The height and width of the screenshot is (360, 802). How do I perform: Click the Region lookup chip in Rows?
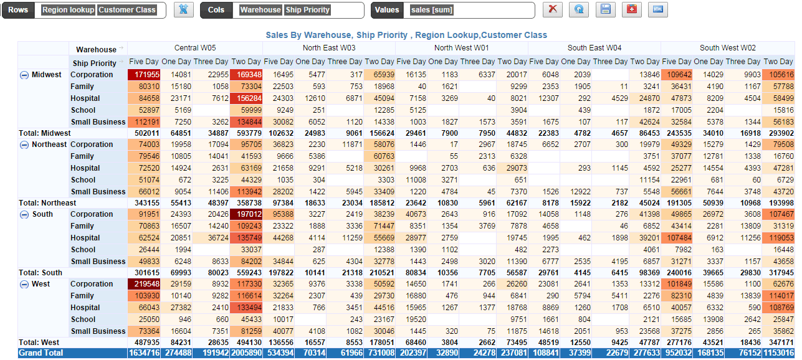click(x=69, y=10)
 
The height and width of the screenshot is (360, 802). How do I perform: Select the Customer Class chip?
click(x=127, y=10)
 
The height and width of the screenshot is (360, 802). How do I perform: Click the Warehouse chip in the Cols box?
click(x=260, y=10)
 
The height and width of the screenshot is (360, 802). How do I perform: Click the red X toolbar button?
click(x=552, y=10)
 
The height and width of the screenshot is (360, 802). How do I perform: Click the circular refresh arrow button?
click(x=579, y=10)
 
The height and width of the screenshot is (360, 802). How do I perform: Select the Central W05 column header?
click(x=195, y=48)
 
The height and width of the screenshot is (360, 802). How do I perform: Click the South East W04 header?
click(x=594, y=48)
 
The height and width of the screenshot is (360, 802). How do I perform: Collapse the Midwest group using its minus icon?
click(x=24, y=75)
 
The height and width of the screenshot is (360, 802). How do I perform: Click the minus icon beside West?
click(x=24, y=284)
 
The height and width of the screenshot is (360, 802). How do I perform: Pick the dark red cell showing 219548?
click(x=144, y=284)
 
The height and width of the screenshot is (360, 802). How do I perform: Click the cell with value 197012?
click(x=246, y=214)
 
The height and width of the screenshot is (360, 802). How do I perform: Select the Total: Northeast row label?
click(x=47, y=202)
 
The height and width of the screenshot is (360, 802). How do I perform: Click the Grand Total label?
click(x=41, y=353)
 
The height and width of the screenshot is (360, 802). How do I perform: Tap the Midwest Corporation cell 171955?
click(x=144, y=75)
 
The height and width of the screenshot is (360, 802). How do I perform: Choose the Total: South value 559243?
click(x=247, y=272)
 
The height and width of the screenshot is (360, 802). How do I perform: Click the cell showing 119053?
click(x=778, y=238)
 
